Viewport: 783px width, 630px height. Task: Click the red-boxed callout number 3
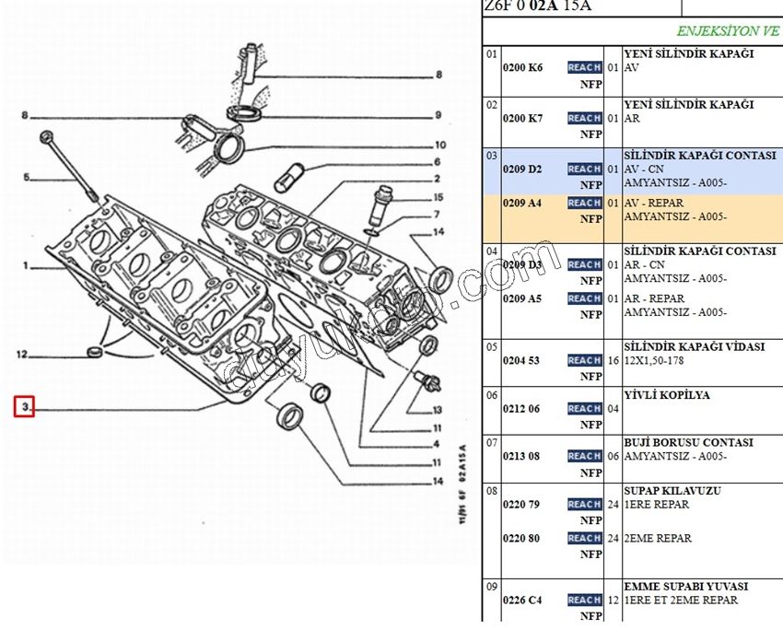[x=24, y=406]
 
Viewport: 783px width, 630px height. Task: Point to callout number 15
[x=438, y=197]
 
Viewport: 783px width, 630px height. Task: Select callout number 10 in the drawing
[x=439, y=145]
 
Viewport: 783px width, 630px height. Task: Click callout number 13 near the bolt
[x=437, y=409]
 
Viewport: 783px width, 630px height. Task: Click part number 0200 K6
[x=522, y=67]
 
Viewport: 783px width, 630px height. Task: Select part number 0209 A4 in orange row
[x=522, y=203]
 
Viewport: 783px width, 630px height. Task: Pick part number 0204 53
[x=521, y=360]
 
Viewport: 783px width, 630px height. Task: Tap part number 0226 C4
[x=522, y=600]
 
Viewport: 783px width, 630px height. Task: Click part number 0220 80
[x=521, y=538]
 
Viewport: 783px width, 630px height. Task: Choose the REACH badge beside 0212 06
[x=584, y=408]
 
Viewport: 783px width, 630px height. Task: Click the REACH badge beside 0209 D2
[x=584, y=169]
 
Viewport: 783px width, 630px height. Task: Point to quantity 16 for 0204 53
[x=613, y=360]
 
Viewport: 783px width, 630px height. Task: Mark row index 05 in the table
[x=492, y=347]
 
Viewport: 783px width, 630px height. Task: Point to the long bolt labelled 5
[x=70, y=166]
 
